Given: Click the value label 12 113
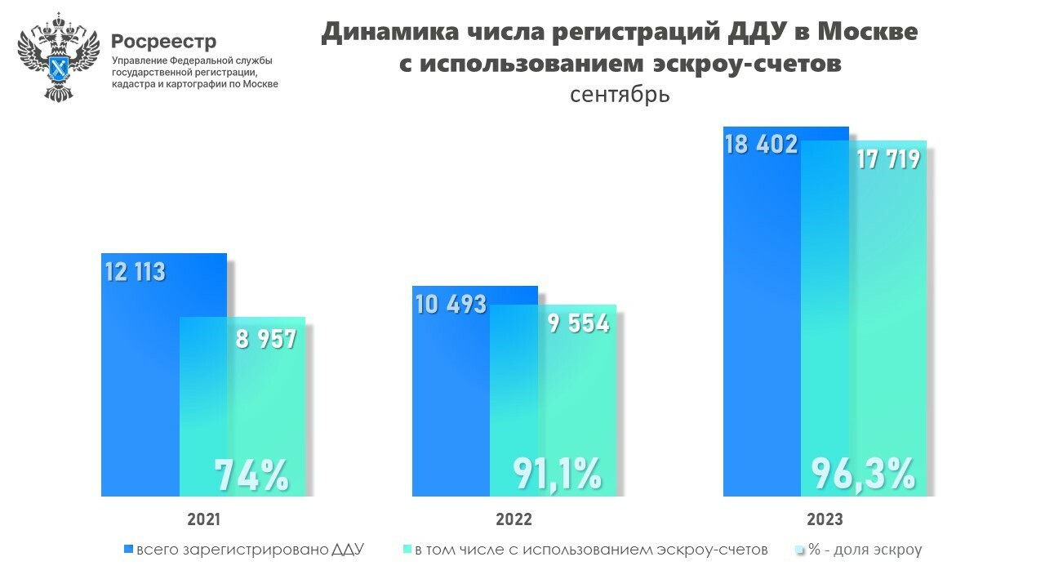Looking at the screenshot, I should [136, 271].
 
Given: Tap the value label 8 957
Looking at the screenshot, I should [265, 339].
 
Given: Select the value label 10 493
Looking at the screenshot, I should [450, 305].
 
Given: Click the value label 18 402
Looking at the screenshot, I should [760, 145].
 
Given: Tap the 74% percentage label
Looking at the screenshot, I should [251, 475].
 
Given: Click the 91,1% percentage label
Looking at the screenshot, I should [558, 474].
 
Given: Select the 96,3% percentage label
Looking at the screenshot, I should [863, 474].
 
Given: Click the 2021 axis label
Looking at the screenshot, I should [203, 519].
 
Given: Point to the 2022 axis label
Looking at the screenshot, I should [514, 519].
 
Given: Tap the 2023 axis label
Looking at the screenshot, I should [825, 519].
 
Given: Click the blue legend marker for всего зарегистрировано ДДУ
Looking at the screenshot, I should [127, 550].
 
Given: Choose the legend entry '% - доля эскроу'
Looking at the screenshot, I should [865, 550].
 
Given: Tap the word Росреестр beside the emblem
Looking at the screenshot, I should [163, 41].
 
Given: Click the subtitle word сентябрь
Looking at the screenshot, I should [620, 94].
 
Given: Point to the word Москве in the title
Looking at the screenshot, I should [867, 32].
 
